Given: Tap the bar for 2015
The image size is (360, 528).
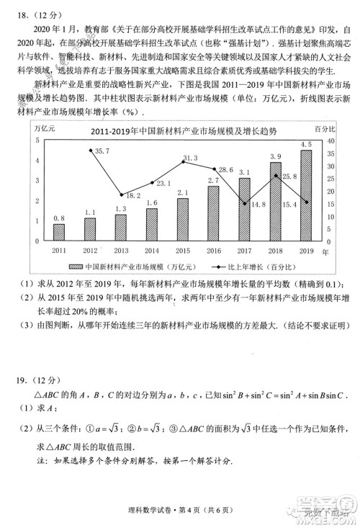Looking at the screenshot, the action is (182, 219).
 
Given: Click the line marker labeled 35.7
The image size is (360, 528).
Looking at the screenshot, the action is (90, 150).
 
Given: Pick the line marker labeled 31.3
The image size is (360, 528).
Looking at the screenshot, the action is (183, 161).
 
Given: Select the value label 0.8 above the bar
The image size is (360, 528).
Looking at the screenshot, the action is (59, 218).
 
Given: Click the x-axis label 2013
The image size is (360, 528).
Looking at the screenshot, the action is (121, 251).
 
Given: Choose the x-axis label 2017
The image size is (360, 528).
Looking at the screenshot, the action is (244, 251).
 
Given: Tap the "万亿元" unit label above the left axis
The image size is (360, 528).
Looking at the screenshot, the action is (46, 127).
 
